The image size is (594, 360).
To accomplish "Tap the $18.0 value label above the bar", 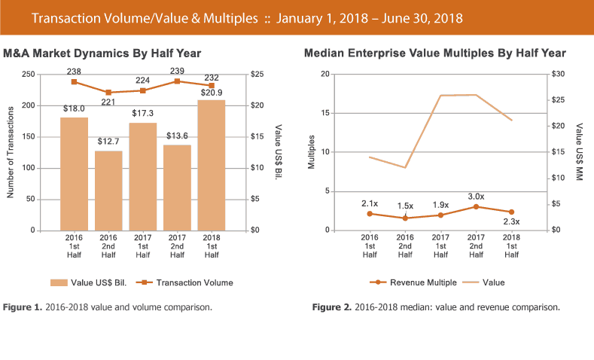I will (73, 108).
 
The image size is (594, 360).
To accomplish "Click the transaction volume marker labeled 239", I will (177, 81).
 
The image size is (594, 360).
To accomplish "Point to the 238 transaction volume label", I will (73, 69).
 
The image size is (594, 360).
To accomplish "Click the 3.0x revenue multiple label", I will (477, 197).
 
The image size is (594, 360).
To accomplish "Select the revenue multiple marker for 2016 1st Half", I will (370, 214).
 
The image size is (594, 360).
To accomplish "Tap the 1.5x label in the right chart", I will (405, 206).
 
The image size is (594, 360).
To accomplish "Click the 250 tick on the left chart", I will (27, 75).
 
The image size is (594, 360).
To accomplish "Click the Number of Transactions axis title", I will (10, 152).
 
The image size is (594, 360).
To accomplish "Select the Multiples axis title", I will (311, 152).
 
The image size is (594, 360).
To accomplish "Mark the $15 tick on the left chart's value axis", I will (257, 136).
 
